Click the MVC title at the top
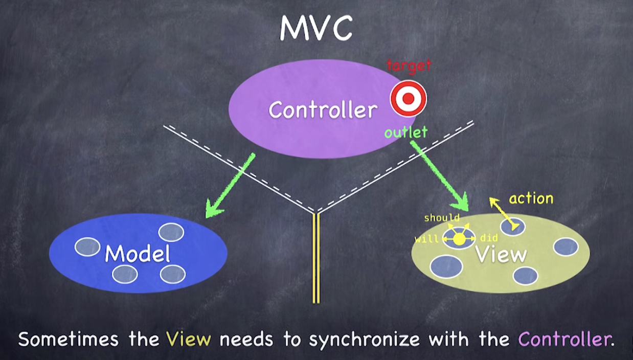tap(316, 29)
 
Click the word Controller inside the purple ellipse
tap(323, 109)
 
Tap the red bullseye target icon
tap(408, 98)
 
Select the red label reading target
tap(409, 65)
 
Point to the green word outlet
tap(405, 132)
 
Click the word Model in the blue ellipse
tap(137, 253)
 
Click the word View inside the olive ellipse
tap(501, 254)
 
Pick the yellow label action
tap(531, 198)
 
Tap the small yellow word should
tap(442, 218)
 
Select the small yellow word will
tap(426, 239)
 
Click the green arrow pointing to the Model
tap(230, 184)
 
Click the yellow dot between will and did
tap(459, 239)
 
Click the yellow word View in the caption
tap(188, 339)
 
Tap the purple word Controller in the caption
tap(564, 339)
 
